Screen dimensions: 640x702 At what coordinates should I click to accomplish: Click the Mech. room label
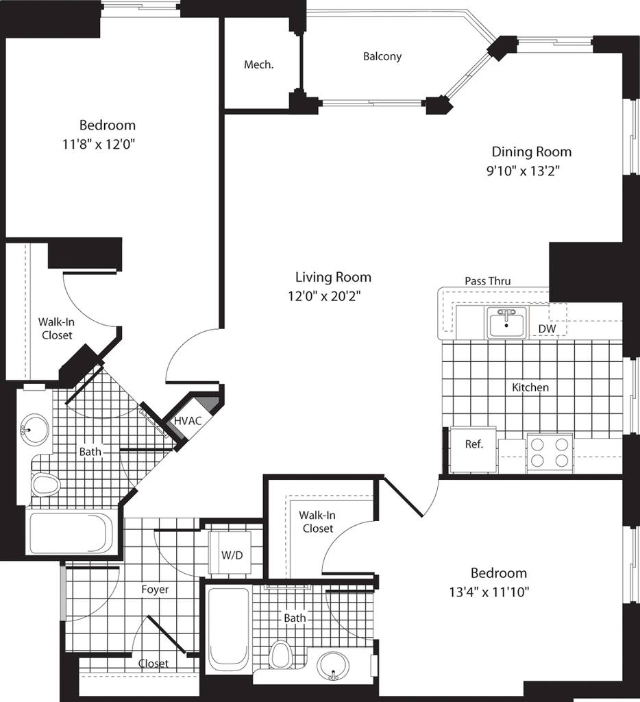pos(259,65)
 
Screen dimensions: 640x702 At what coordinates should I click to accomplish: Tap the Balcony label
pos(382,56)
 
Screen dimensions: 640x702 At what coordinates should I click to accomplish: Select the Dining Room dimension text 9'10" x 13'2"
pos(524,171)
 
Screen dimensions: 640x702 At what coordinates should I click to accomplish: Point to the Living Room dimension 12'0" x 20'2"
pos(325,296)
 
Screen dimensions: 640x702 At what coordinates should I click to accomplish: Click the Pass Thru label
pos(487,281)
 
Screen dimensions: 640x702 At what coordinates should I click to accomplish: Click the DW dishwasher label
pos(547,329)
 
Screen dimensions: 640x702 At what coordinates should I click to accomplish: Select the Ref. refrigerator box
pos(473,450)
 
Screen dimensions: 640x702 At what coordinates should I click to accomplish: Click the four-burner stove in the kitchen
pos(550,452)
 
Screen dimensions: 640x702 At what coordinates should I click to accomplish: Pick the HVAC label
pos(188,421)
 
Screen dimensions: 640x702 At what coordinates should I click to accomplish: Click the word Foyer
pos(155,590)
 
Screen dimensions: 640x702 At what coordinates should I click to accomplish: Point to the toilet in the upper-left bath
pos(46,485)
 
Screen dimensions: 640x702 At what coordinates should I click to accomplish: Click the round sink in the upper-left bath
pos(34,430)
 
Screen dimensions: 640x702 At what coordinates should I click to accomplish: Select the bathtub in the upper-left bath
pos(73,533)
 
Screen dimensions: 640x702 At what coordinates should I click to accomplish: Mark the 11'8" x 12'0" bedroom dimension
pos(99,145)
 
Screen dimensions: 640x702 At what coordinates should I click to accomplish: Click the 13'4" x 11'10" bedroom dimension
pos(489,593)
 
